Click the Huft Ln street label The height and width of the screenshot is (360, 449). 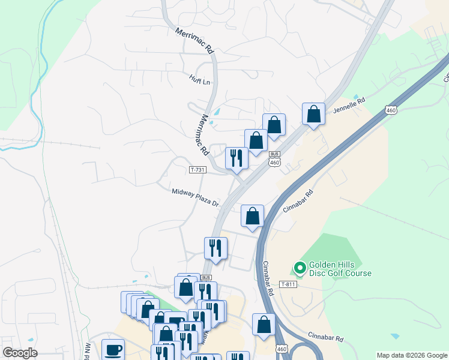(200, 80)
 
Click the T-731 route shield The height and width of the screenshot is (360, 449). (197, 170)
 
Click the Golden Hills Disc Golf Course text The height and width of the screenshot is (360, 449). (340, 269)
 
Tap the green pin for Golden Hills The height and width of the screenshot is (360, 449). (299, 266)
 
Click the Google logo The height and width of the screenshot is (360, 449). (19, 353)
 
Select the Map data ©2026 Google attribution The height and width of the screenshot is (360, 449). (412, 355)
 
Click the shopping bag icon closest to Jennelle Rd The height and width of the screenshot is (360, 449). (313, 113)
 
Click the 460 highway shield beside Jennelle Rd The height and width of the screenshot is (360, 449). (391, 110)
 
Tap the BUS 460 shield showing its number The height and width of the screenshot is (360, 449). (275, 163)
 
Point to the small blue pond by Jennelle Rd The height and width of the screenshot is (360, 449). (357, 97)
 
